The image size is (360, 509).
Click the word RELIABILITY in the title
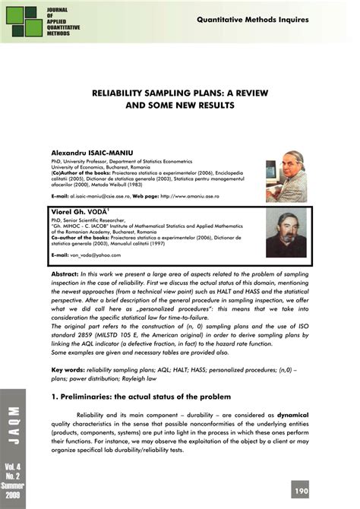point(124,91)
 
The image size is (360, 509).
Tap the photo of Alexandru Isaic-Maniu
point(286,180)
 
